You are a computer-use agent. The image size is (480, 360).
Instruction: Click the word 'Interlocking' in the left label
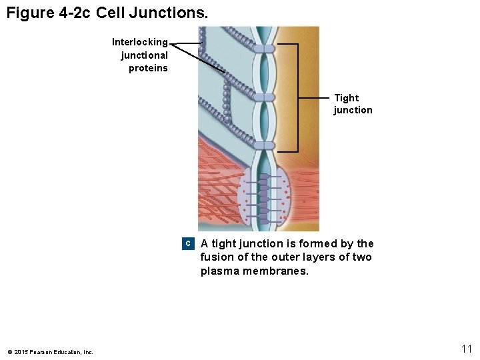(140, 42)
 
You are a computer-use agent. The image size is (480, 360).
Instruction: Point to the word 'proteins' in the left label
(148, 68)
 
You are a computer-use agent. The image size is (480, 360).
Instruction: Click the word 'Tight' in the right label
(346, 98)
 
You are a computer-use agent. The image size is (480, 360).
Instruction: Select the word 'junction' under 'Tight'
(353, 110)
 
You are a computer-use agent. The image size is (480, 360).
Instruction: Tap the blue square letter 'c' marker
(188, 244)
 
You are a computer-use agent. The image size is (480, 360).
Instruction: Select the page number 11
(466, 349)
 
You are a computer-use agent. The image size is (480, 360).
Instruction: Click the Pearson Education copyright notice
(50, 352)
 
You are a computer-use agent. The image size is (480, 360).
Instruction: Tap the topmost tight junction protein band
(265, 49)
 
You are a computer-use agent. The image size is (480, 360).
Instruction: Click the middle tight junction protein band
(265, 97)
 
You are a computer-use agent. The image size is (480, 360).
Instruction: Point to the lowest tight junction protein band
(265, 145)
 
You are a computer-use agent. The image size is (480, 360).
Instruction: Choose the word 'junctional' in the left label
(144, 55)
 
